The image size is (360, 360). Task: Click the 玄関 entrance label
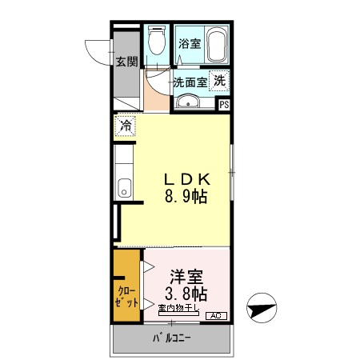point(126,61)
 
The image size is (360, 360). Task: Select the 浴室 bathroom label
point(190,44)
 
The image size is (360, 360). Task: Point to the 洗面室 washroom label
point(190,82)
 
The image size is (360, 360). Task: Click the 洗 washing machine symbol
point(219,80)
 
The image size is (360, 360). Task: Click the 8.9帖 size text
point(187,197)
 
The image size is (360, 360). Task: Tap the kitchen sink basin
point(124,190)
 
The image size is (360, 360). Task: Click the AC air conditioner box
point(216,316)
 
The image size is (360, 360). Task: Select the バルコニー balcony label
point(171,338)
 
